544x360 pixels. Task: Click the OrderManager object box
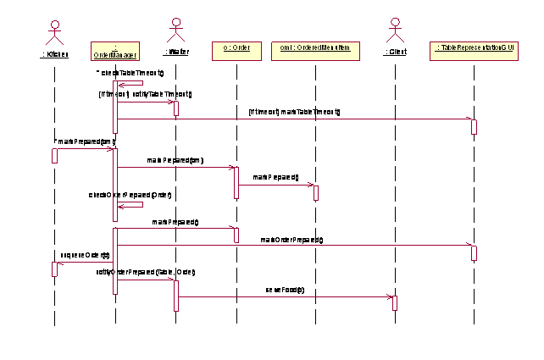(x=114, y=51)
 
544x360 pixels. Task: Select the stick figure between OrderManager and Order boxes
(x=176, y=31)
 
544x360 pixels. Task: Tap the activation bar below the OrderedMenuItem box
(x=315, y=192)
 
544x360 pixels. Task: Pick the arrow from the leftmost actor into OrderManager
(x=85, y=149)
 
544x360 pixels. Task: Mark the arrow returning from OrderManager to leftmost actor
(x=85, y=263)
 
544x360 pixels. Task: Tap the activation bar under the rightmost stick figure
(x=395, y=302)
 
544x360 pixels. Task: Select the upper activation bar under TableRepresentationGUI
(x=474, y=126)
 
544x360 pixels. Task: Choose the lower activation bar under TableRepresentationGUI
(x=474, y=252)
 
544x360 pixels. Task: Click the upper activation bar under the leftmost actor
(x=55, y=155)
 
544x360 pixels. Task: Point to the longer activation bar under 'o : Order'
(x=236, y=182)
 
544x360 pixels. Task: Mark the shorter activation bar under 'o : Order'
(x=236, y=234)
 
